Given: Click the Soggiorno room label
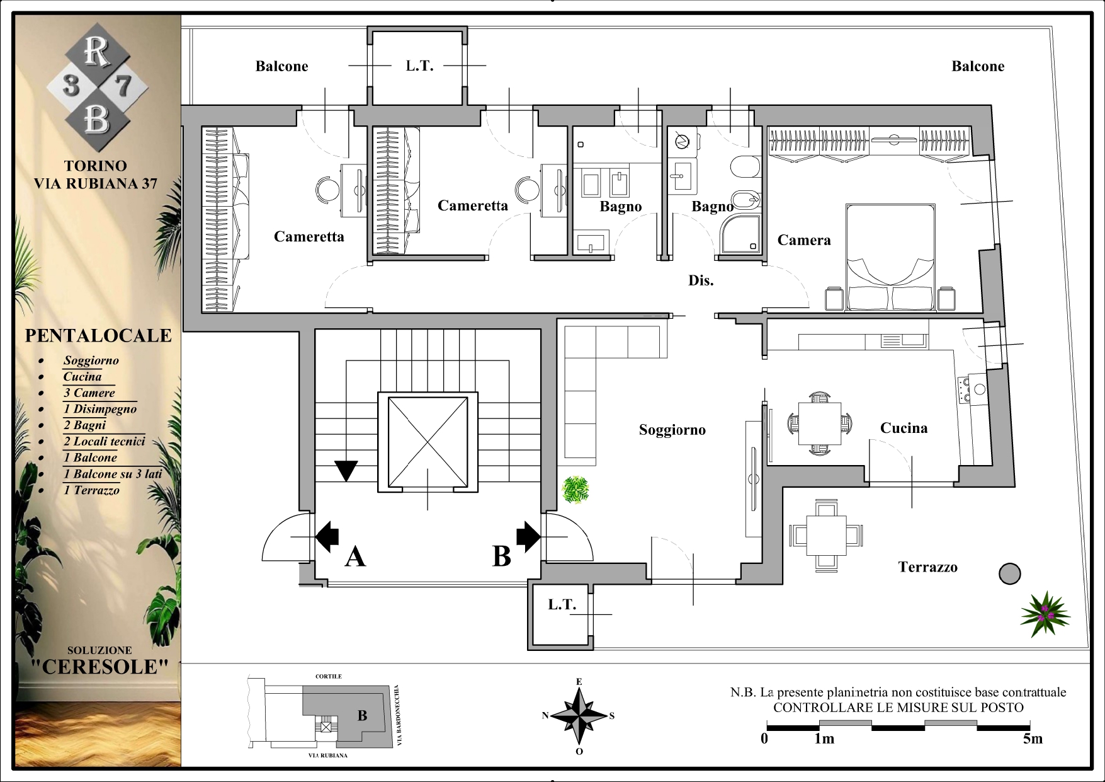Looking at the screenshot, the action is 672,430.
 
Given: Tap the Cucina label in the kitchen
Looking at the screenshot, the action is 904,428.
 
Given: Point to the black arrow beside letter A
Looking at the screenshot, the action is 327,536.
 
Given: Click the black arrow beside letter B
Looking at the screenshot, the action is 528,536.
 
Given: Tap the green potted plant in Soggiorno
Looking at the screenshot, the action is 575,490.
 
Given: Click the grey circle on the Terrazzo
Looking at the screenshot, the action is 1009,573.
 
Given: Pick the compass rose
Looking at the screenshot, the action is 579,716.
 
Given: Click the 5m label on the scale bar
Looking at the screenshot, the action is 1033,739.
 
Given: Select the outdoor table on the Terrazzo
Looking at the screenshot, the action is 827,536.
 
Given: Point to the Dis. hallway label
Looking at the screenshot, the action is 701,281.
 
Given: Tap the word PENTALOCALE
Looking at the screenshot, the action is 98,335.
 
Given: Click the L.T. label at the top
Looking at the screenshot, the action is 419,66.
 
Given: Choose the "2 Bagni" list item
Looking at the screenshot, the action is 84,425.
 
